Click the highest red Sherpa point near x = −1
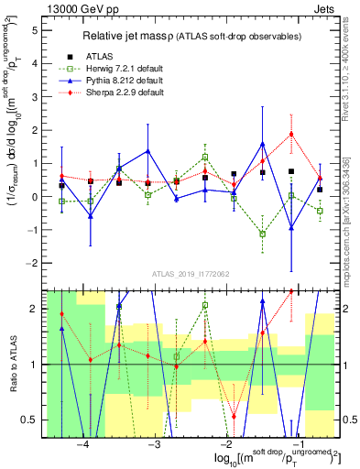(x=291, y=134)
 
